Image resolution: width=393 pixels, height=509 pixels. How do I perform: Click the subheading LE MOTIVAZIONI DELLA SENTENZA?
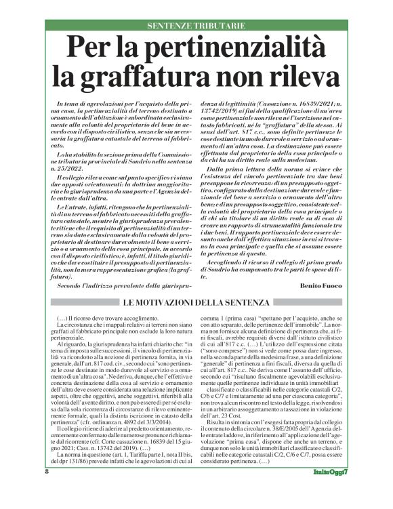click(x=196, y=301)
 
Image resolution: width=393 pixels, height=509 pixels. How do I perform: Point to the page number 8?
click(x=48, y=491)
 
